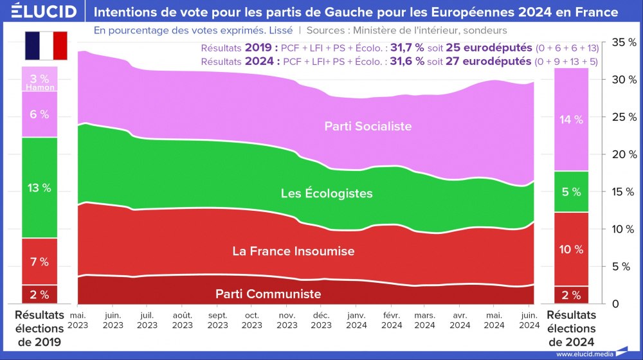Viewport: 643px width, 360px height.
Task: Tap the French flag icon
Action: pyautogui.click(x=46, y=45)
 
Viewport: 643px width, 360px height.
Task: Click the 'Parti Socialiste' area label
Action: pyautogui.click(x=368, y=126)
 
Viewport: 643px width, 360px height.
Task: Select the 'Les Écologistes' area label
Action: pyautogui.click(x=327, y=193)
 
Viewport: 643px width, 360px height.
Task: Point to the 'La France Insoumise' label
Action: pyautogui.click(x=293, y=251)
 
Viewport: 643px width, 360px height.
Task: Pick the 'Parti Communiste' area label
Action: pyautogui.click(x=268, y=294)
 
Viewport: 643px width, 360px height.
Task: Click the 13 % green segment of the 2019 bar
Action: pyautogui.click(x=39, y=188)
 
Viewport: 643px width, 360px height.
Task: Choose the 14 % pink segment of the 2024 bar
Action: pyautogui.click(x=571, y=120)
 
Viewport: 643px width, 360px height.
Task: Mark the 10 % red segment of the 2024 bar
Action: pyautogui.click(x=571, y=249)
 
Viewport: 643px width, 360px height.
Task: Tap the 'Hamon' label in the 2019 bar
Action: pyautogui.click(x=40, y=87)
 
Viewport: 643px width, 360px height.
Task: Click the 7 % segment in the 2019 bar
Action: pyautogui.click(x=39, y=262)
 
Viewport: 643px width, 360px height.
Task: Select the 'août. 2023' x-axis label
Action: pyautogui.click(x=183, y=320)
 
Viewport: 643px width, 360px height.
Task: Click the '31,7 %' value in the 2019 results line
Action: pyautogui.click(x=406, y=48)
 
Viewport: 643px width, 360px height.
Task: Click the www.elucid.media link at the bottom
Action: pyautogui.click(x=584, y=354)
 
